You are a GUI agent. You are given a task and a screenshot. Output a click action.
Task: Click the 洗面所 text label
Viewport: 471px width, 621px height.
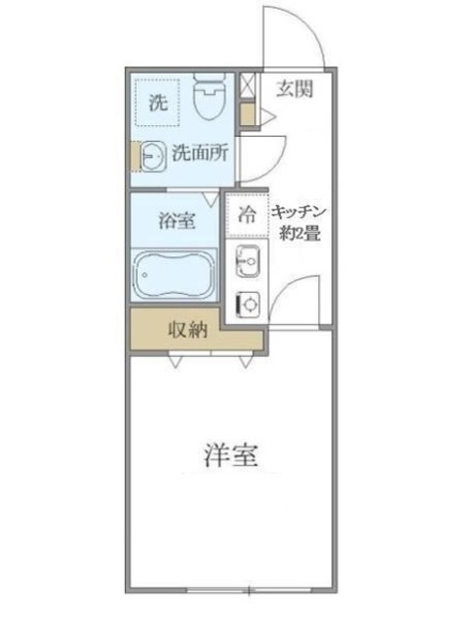pyautogui.click(x=199, y=152)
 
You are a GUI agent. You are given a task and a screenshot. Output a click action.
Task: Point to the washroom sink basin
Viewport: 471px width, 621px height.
pyautogui.click(x=152, y=153)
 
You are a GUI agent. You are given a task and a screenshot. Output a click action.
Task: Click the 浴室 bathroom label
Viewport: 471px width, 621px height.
pyautogui.click(x=176, y=219)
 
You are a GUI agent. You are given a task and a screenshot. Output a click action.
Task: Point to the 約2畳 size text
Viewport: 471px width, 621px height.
pyautogui.click(x=301, y=232)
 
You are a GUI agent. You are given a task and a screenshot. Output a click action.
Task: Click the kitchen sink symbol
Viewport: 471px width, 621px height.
pyautogui.click(x=247, y=261)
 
